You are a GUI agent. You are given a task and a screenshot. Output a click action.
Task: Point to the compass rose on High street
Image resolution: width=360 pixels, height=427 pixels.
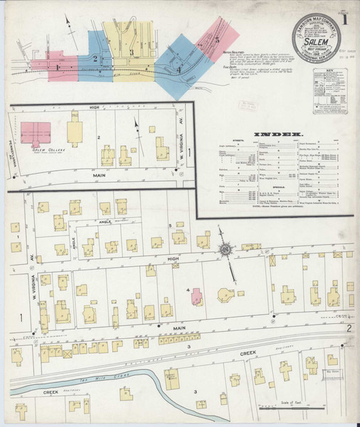(226, 250)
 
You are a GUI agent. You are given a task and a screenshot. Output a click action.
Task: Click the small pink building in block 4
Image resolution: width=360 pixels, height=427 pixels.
(197, 296)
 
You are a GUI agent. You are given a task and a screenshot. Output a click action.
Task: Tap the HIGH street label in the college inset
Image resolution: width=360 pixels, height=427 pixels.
(92, 107)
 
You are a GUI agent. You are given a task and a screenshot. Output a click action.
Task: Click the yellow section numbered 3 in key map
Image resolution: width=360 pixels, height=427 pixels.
(132, 68)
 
